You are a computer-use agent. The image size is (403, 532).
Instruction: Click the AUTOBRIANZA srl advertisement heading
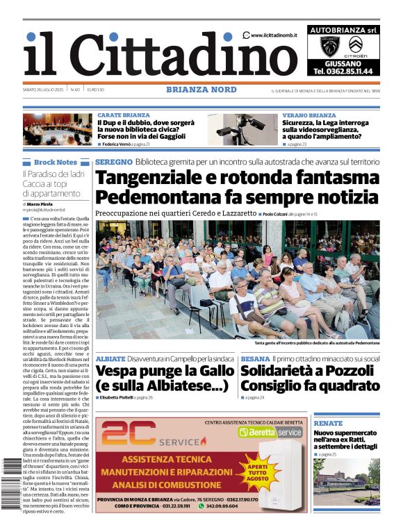click(x=343, y=30)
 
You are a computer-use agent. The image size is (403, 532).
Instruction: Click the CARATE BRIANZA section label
click(x=123, y=115)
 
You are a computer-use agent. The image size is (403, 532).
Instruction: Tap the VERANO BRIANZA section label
click(x=309, y=115)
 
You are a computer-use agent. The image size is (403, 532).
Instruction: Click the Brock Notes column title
click(x=56, y=162)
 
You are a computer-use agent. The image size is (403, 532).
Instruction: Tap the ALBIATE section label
click(x=110, y=358)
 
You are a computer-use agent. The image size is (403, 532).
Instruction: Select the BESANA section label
click(x=255, y=358)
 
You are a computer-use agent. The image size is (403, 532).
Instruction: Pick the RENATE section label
click(x=328, y=423)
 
